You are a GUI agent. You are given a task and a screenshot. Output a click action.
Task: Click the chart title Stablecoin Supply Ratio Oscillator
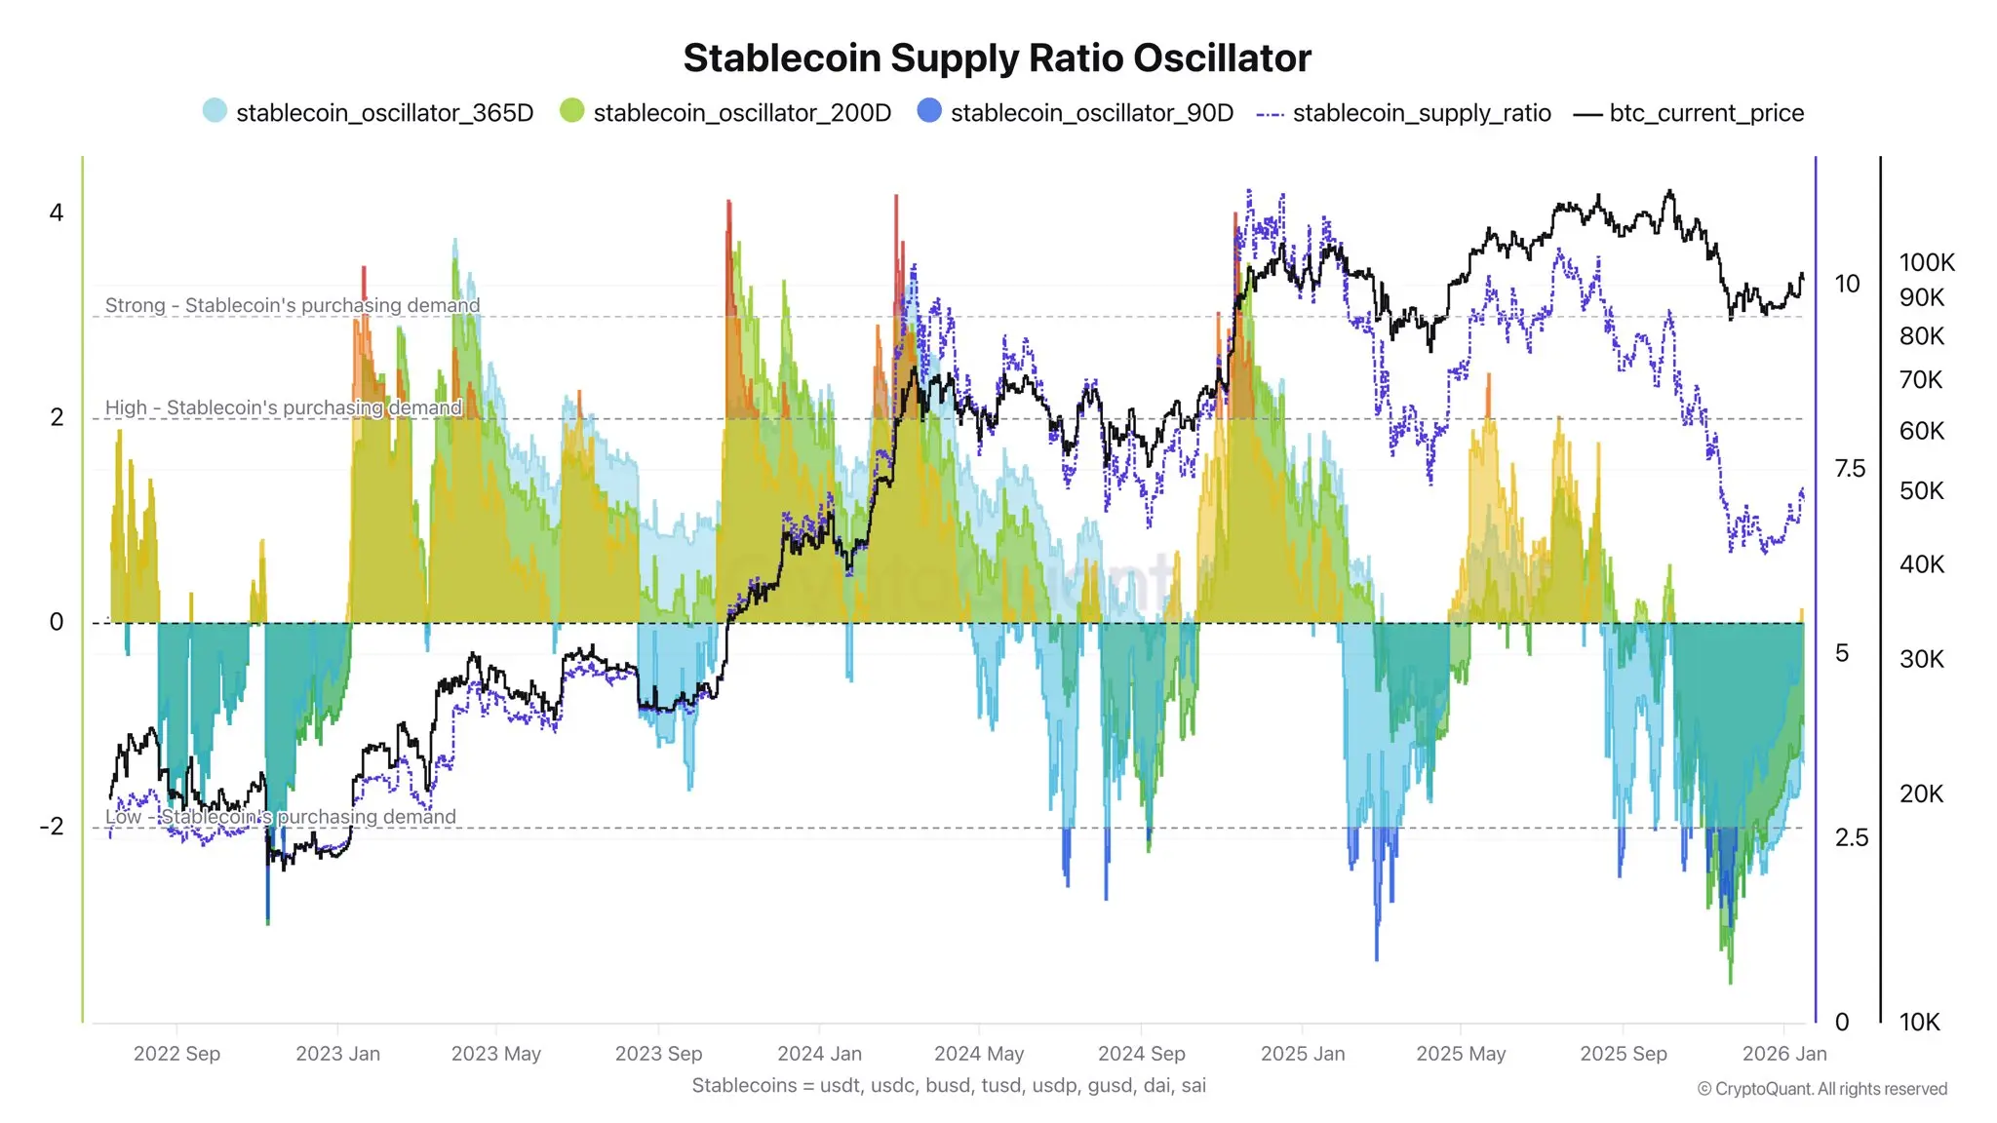click(x=997, y=58)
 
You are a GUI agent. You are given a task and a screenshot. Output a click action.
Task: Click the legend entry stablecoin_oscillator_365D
click(x=384, y=113)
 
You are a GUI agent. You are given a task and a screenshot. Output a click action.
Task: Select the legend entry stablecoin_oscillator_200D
click(x=741, y=113)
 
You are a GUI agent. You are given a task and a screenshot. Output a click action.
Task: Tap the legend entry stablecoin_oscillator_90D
click(x=1091, y=113)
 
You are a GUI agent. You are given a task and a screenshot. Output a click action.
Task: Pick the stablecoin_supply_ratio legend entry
click(x=1421, y=113)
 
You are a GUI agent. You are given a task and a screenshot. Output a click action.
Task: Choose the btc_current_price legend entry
click(x=1705, y=113)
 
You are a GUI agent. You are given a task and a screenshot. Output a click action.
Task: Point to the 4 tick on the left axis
click(x=57, y=213)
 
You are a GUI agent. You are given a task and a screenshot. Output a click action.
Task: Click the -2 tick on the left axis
click(x=52, y=827)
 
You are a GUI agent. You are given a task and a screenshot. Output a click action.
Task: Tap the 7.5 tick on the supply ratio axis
click(x=1850, y=469)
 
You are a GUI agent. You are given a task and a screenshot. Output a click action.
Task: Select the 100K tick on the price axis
click(x=1927, y=262)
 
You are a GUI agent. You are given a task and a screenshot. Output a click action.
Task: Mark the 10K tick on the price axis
click(x=1919, y=1023)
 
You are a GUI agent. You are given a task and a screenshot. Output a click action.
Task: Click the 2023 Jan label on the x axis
click(x=337, y=1054)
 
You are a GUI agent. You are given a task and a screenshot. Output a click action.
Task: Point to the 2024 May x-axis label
click(x=978, y=1054)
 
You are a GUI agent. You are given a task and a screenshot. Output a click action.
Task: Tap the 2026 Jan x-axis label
click(x=1783, y=1054)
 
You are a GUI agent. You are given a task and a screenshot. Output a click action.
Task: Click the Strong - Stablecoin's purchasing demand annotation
click(x=293, y=305)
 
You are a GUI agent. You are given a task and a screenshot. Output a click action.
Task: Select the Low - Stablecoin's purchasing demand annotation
click(x=281, y=817)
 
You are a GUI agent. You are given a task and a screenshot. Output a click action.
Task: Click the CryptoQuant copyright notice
click(x=1821, y=1089)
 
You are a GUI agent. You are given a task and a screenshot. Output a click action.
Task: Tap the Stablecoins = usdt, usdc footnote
click(x=949, y=1085)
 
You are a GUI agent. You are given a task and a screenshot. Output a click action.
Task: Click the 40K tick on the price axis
click(x=1921, y=564)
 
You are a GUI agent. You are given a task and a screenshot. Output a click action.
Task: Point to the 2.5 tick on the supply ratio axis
click(x=1851, y=837)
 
